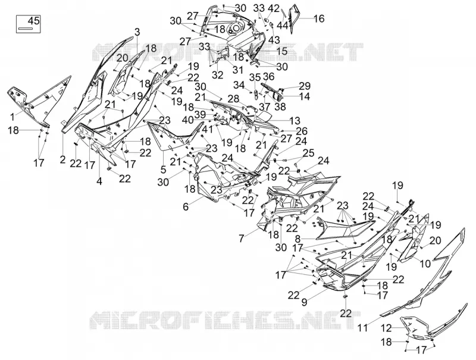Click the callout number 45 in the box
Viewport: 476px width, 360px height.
point(33,21)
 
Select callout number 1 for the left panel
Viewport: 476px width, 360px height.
point(12,116)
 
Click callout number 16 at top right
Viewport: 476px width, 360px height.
point(319,18)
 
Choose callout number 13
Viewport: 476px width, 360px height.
point(295,121)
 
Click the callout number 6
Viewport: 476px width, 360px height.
point(186,206)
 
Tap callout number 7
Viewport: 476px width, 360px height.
point(242,239)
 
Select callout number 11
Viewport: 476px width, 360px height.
point(363,328)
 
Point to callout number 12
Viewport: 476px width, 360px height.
point(387,328)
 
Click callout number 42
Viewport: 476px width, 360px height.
point(274,8)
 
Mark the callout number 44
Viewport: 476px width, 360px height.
point(283,26)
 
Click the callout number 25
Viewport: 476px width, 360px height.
point(308,153)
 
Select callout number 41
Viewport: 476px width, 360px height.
point(208,129)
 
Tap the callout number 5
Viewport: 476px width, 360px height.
point(163,169)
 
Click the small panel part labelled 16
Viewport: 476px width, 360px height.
point(293,18)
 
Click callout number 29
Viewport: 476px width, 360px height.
point(305,86)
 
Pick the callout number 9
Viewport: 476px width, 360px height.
point(305,302)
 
